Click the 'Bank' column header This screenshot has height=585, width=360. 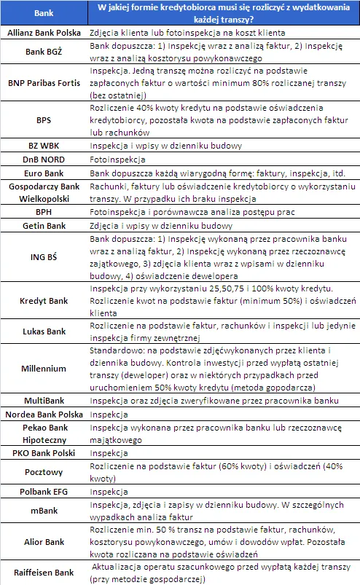44,13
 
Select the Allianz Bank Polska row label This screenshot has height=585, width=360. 44,34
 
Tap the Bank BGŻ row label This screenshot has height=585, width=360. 44,52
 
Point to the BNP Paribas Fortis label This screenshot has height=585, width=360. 44,84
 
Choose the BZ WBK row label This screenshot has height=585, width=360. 44,146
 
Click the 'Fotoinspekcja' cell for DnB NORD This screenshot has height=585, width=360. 115,160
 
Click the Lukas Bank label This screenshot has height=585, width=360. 44,331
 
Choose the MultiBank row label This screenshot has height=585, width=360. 44,401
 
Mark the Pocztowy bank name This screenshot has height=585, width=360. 44,471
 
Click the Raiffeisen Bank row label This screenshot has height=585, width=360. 44,572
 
